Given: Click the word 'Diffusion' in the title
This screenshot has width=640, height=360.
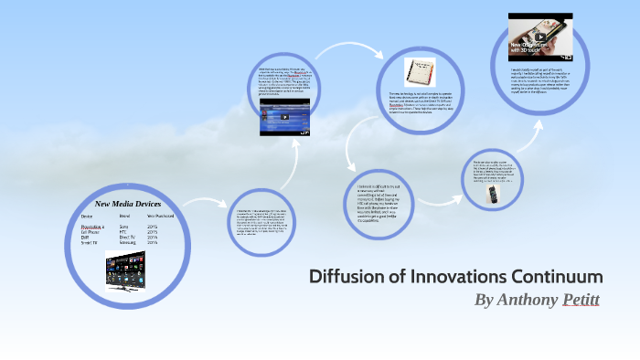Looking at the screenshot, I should click(345, 276).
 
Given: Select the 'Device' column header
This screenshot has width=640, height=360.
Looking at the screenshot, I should click(88, 216).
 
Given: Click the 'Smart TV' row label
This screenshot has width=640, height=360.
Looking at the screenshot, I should click(91, 242).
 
